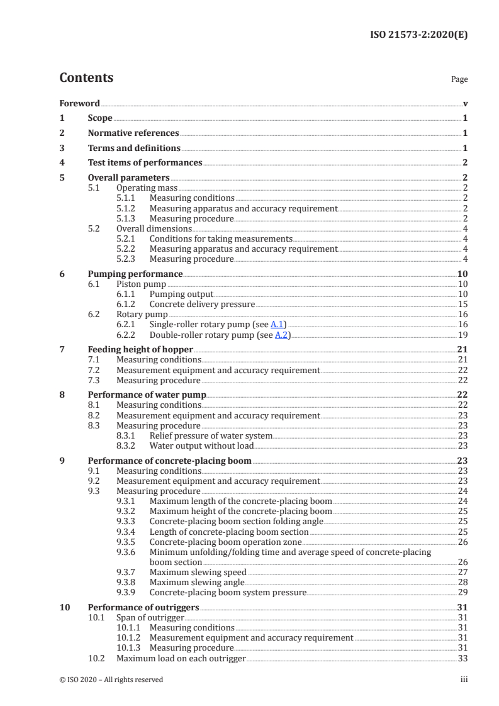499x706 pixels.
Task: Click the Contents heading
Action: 86,78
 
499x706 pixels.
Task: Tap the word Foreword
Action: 79,103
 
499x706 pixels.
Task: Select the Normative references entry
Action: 133,133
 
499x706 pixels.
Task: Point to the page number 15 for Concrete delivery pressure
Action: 463,304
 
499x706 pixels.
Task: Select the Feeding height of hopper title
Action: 140,349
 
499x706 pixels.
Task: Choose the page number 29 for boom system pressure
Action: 463,592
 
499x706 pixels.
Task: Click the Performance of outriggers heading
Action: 143,607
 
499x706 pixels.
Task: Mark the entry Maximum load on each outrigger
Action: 181,658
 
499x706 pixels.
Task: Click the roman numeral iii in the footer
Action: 464,680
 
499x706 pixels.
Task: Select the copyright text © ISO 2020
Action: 111,680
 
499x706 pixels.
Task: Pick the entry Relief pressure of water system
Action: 211,435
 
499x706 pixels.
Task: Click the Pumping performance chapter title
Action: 135,274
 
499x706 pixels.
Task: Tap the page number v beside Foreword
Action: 465,103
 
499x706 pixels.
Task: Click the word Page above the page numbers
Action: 459,80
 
